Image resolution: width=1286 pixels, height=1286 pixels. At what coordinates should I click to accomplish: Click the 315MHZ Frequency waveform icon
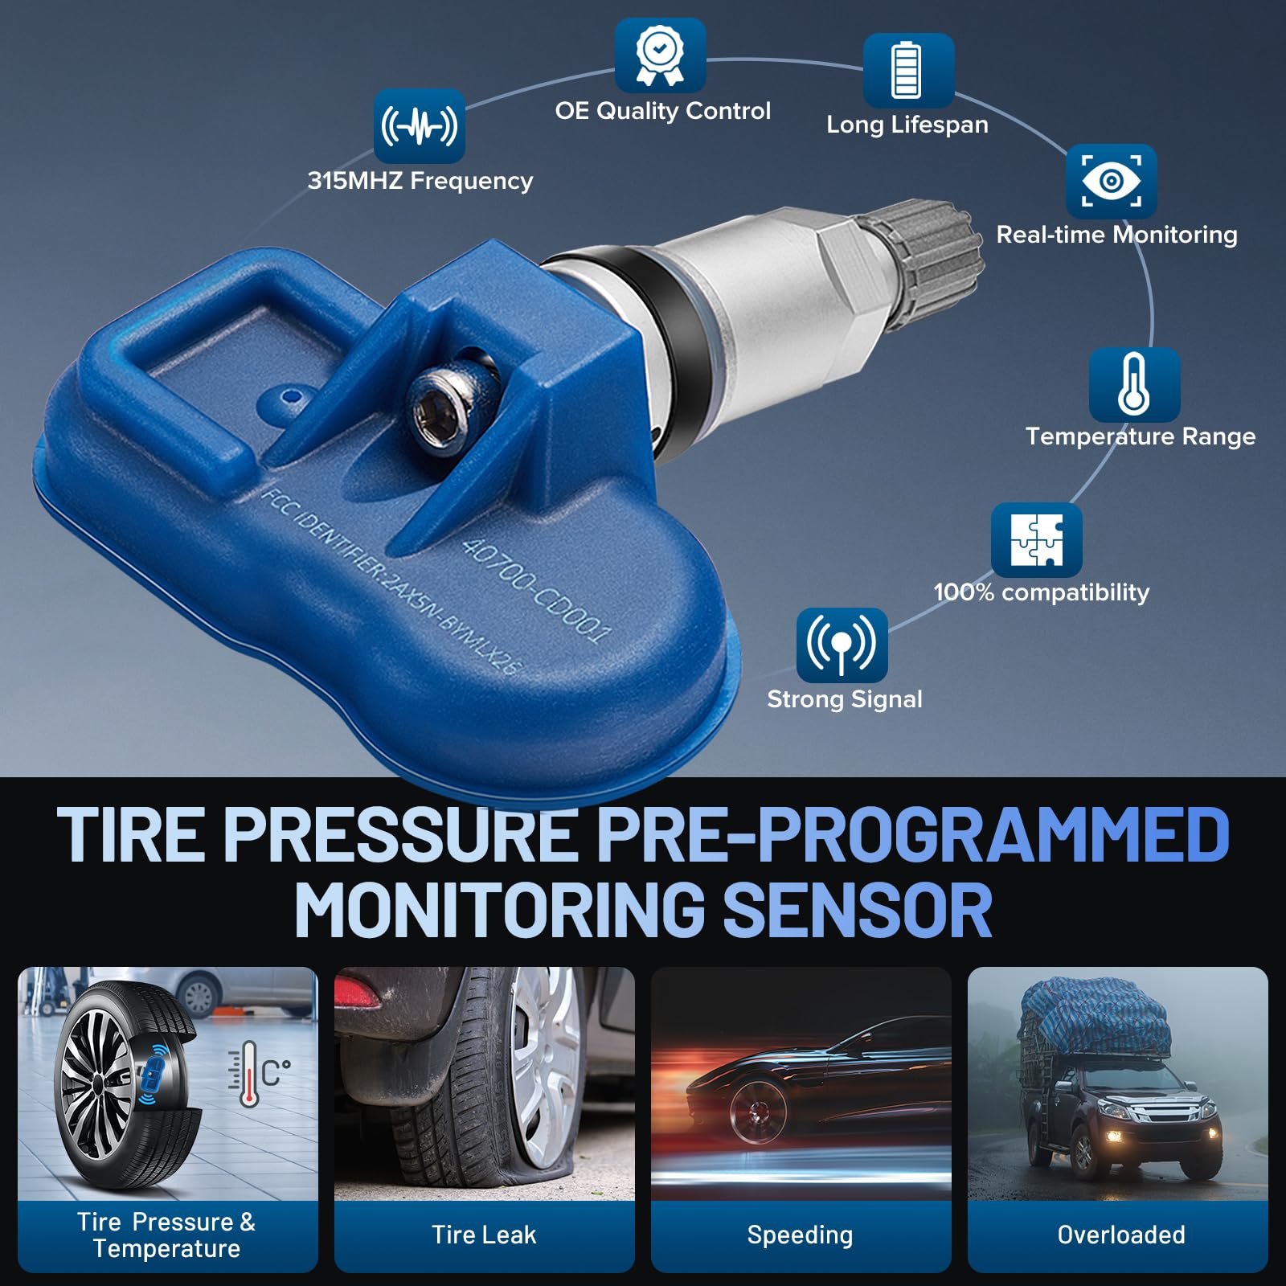point(420,126)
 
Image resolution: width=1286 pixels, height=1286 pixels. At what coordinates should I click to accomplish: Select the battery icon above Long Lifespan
point(908,71)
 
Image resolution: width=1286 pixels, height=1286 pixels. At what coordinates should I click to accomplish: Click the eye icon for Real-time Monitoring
point(1112,182)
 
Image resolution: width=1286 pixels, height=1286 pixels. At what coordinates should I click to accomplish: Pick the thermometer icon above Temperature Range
point(1134,384)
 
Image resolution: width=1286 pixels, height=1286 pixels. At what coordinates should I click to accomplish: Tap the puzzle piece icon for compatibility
point(1037,540)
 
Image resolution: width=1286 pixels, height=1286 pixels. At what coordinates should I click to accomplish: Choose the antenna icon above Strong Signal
point(842,645)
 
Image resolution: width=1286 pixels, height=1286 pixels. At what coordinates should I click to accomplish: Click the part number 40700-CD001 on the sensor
point(535,590)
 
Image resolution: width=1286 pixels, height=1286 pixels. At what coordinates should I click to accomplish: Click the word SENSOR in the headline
point(858,911)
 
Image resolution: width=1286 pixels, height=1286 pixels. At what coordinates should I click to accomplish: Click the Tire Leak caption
point(484,1235)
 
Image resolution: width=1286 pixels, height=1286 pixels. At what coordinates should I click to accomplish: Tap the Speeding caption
point(800,1235)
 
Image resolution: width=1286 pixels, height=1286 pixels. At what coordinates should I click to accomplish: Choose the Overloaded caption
point(1121,1235)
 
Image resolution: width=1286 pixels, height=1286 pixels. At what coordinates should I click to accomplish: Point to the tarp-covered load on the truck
point(1095,1018)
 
